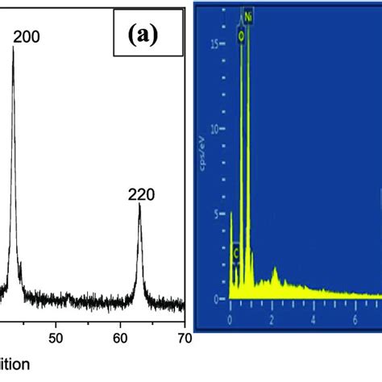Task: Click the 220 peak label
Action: pos(140,193)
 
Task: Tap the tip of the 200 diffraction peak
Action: pos(13,47)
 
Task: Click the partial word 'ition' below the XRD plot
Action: pos(15,363)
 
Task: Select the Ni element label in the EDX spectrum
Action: pos(247,15)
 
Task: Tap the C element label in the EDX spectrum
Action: pos(236,252)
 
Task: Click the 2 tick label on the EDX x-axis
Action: pos(272,312)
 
